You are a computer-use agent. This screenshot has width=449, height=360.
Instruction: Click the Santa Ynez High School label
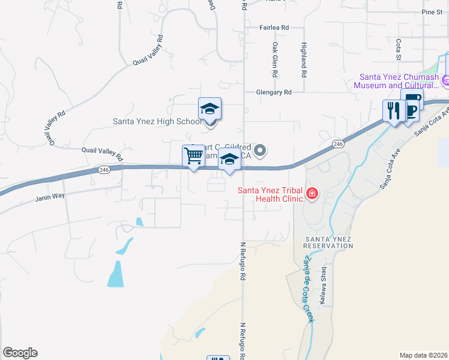point(158,121)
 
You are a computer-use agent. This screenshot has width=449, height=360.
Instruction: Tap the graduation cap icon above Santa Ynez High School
point(209,109)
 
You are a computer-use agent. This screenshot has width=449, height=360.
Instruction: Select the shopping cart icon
point(193,156)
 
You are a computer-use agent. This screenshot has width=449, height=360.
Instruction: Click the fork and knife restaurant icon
point(394,110)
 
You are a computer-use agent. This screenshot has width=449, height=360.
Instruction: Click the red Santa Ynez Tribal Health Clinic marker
point(312,193)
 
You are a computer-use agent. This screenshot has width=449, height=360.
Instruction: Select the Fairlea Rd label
point(274,28)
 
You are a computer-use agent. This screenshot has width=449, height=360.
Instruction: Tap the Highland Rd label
point(304,59)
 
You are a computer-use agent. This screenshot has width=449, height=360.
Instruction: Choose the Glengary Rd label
point(273,92)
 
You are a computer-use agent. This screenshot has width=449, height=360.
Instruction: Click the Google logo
point(20,353)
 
